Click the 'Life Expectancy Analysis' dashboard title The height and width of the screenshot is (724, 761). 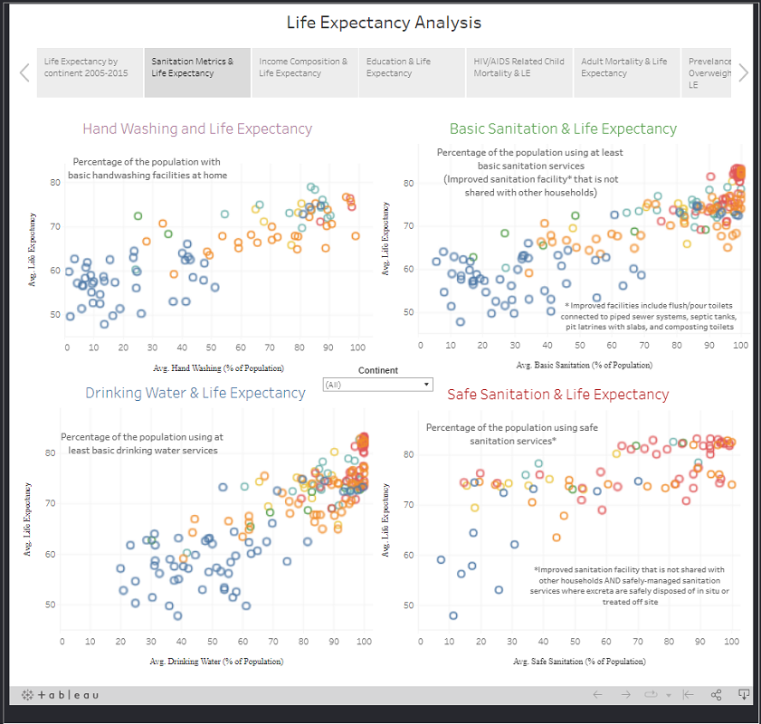click(384, 23)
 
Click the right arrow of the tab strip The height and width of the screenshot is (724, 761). click(743, 72)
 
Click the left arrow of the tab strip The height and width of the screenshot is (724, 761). click(24, 72)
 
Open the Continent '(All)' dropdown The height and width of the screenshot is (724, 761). click(378, 385)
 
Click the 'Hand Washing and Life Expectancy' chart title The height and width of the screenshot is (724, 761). click(197, 129)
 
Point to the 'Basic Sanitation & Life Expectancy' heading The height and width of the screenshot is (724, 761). click(563, 129)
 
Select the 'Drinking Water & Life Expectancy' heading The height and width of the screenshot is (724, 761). click(195, 393)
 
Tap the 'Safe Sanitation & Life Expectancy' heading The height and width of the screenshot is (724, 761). click(558, 395)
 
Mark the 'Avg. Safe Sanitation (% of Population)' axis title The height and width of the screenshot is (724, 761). click(579, 662)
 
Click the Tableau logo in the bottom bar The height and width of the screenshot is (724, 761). click(61, 695)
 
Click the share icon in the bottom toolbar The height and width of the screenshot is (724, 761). click(716, 695)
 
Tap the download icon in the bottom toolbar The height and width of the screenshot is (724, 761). click(743, 695)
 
